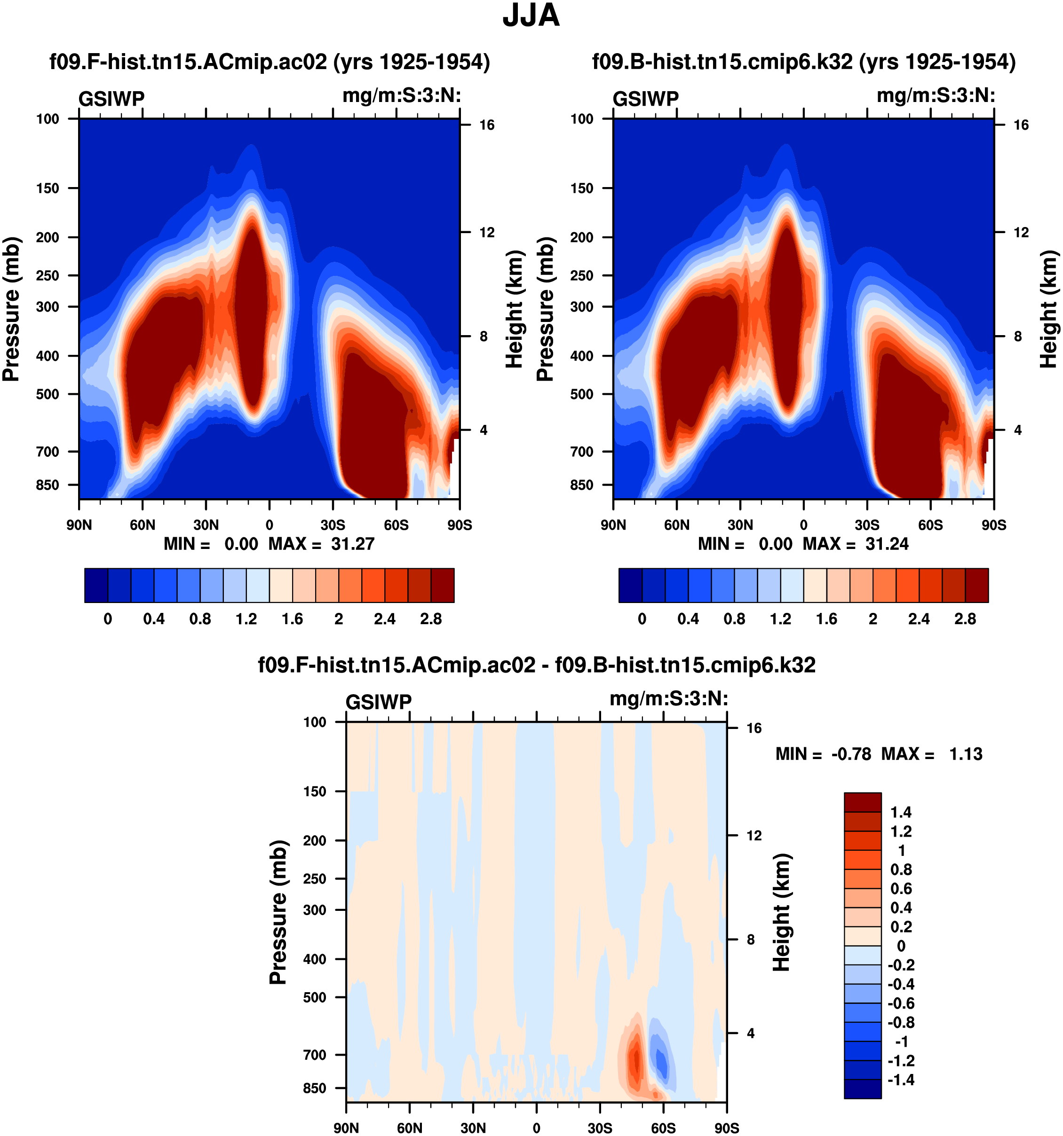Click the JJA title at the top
(531, 16)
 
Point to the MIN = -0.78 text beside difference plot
(824, 754)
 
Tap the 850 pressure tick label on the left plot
(48, 485)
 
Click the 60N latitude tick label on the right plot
(676, 525)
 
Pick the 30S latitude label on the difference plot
(600, 1128)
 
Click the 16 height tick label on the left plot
(487, 125)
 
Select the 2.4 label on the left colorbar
(384, 619)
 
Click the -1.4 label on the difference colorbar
(901, 1080)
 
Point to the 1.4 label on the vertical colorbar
(901, 813)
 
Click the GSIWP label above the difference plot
(379, 702)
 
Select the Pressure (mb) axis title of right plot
(545, 309)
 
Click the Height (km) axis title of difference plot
(782, 913)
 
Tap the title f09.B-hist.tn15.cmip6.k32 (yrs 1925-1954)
(803, 62)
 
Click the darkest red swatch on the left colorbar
(443, 585)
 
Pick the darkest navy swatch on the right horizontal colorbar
(630, 585)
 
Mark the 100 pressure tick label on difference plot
(315, 722)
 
